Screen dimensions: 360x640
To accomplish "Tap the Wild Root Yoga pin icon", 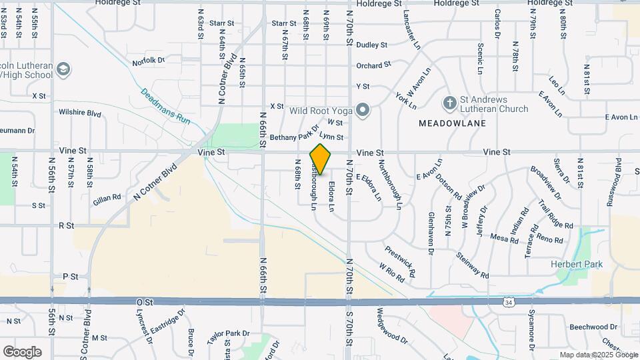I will coord(362,109).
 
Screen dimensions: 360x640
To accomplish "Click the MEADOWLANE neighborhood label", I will coord(452,123).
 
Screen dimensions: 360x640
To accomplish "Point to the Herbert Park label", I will coord(577,265).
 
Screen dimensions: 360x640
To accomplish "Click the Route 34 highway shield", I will coord(509,302).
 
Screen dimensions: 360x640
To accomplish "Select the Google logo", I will coord(22,351).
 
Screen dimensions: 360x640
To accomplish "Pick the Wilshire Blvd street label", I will coord(80,113).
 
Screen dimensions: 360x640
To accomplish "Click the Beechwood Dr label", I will coord(594,327).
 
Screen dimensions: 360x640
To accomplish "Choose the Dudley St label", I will coord(372,45).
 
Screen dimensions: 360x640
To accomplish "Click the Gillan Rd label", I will coord(107,198).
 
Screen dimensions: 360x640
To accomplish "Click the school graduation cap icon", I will coord(63,69).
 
